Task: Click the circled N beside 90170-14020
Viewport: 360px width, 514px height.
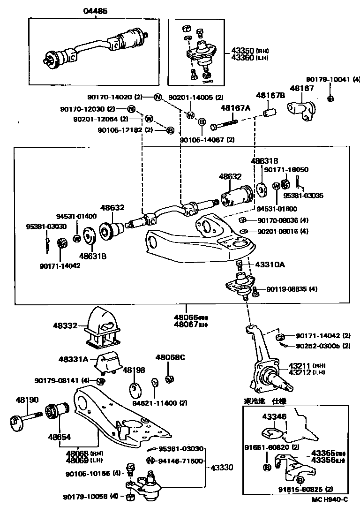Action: point(158,98)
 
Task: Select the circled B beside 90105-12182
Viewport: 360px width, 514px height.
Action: point(170,130)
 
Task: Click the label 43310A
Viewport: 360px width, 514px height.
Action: point(270,265)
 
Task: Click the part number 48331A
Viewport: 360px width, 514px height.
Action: point(73,359)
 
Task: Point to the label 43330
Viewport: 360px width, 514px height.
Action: point(222,468)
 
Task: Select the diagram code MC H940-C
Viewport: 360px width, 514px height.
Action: point(330,499)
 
